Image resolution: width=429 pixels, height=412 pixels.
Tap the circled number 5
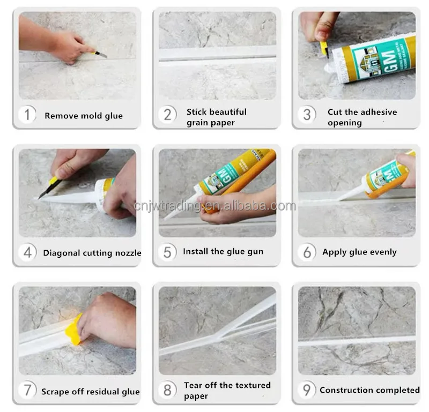167,252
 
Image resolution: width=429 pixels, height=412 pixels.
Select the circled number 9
307,389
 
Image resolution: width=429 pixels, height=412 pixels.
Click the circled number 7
27,391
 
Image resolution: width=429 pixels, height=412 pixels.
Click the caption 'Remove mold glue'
84,116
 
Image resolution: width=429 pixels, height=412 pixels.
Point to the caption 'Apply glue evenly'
359,252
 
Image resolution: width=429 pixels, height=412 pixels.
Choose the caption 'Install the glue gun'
223,251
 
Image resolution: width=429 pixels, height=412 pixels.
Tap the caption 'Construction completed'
369,390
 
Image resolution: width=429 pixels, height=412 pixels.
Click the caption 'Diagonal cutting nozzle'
92,253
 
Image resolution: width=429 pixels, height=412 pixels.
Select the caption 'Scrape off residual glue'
91,392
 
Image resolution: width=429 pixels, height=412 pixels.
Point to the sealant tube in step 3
370,59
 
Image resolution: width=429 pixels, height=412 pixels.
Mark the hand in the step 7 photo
107,319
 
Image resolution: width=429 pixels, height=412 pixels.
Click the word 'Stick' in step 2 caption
197,112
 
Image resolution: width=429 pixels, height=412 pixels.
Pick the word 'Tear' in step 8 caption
194,385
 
